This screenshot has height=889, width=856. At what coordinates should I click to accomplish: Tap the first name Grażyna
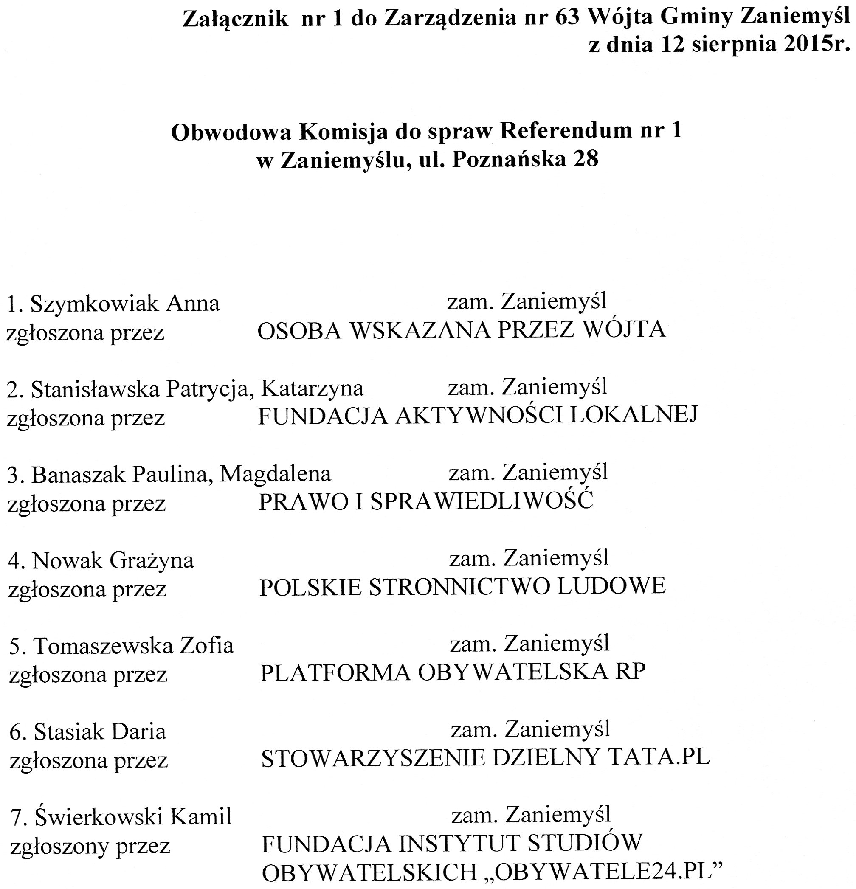(152, 561)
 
